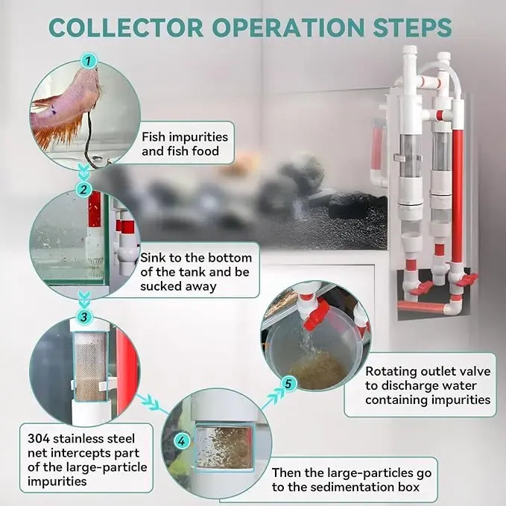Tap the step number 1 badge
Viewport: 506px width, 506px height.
(89, 60)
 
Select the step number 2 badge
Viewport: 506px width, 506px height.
(84, 190)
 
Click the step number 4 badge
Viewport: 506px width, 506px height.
(181, 441)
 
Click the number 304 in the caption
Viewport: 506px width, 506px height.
(39, 437)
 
